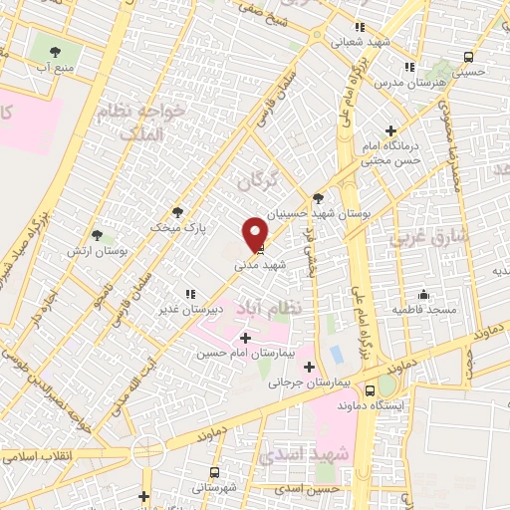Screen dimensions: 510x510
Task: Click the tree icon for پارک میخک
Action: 178,211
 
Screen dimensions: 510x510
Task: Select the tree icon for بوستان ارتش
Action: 97,235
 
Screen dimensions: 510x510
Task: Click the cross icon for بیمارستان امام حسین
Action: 245,339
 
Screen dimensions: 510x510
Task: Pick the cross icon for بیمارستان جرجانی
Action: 311,367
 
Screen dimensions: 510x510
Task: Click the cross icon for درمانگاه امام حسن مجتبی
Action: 390,130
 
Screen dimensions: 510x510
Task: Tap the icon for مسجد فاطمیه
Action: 423,294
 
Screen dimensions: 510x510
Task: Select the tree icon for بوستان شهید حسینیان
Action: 318,198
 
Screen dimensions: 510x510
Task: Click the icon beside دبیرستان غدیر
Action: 189,294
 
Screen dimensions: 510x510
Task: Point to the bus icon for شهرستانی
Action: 213,472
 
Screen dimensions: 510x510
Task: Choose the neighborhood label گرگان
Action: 258,182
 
